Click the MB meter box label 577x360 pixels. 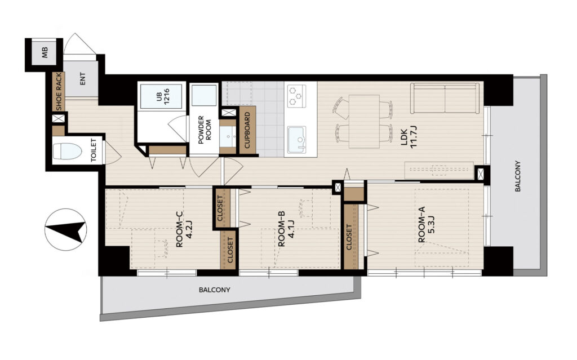(x=45, y=53)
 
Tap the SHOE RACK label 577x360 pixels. (x=59, y=91)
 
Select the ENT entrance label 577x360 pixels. (x=82, y=79)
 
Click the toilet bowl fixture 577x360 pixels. (x=67, y=152)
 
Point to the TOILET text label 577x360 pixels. (x=94, y=150)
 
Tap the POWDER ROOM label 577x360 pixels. (x=205, y=130)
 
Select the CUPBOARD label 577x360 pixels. (x=247, y=130)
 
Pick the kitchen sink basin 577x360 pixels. (x=298, y=139)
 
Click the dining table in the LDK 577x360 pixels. (x=364, y=121)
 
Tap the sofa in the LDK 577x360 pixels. (x=445, y=98)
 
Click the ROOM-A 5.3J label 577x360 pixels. (x=426, y=225)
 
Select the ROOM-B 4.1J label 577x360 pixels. (x=285, y=233)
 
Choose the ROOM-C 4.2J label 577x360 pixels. (x=184, y=230)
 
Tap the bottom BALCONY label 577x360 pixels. (x=215, y=290)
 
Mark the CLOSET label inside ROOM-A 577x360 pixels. (x=349, y=237)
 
